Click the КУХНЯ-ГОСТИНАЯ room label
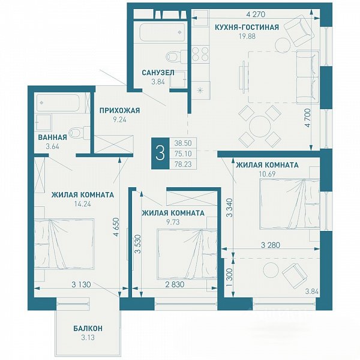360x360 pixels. pos(247,27)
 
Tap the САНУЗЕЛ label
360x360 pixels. pos(158,73)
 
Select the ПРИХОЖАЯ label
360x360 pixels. pos(119,110)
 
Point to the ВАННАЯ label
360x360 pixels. pos(52,137)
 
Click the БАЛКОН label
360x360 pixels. pos(88,329)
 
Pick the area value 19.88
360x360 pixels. pos(247,36)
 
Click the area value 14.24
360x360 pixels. pos(83,203)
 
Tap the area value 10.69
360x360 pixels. pos(267,174)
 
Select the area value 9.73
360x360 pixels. pos(173,222)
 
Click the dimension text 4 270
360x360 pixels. pos(256,14)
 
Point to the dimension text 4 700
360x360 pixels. pos(307,118)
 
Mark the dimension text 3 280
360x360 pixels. pos(271,245)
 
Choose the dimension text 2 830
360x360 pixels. pos(175,284)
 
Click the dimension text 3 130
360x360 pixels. pos(81,284)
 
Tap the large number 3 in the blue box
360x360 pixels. pos(160,154)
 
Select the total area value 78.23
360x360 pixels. pos(183,164)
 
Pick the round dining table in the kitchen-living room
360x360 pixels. pos(259,126)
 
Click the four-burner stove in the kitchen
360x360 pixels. pos(200,54)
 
